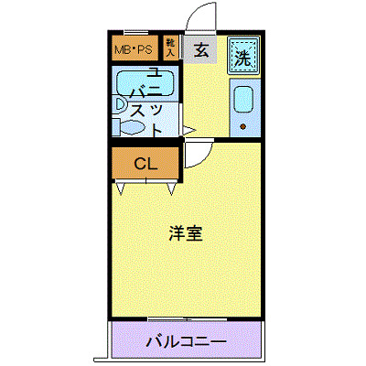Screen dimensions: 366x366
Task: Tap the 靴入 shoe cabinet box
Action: (x=171, y=48)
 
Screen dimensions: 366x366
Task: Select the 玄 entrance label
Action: (x=201, y=51)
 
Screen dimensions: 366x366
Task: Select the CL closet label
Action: (x=146, y=165)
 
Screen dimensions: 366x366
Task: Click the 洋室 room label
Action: (x=185, y=233)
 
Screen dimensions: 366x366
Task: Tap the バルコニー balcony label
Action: (x=186, y=343)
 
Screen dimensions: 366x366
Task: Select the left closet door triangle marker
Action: (x=121, y=188)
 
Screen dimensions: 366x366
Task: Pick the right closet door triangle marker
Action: (x=171, y=188)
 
